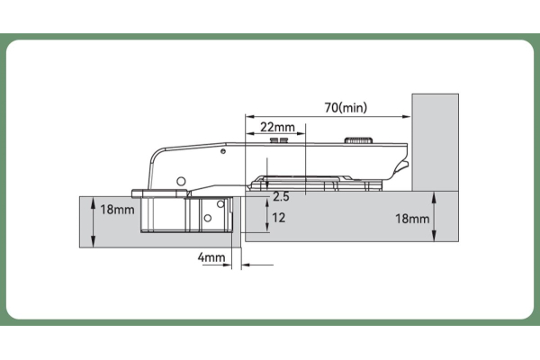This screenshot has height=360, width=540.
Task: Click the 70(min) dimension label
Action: pyautogui.click(x=346, y=107)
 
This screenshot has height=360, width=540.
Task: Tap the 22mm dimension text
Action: pyautogui.click(x=277, y=127)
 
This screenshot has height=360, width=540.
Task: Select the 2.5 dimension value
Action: pyautogui.click(x=281, y=197)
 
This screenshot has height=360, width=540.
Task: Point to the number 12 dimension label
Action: pyautogui.click(x=279, y=218)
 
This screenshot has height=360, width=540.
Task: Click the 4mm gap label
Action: pyautogui.click(x=211, y=257)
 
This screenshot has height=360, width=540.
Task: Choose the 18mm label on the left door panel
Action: pyautogui.click(x=117, y=210)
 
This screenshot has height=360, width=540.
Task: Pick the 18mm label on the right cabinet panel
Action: pyautogui.click(x=412, y=219)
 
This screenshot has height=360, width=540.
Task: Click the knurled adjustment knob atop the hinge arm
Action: pyautogui.click(x=358, y=140)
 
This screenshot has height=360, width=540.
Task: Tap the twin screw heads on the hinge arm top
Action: pyautogui.click(x=279, y=139)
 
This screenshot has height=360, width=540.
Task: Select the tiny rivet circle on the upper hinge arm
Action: pyautogui.click(x=223, y=151)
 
